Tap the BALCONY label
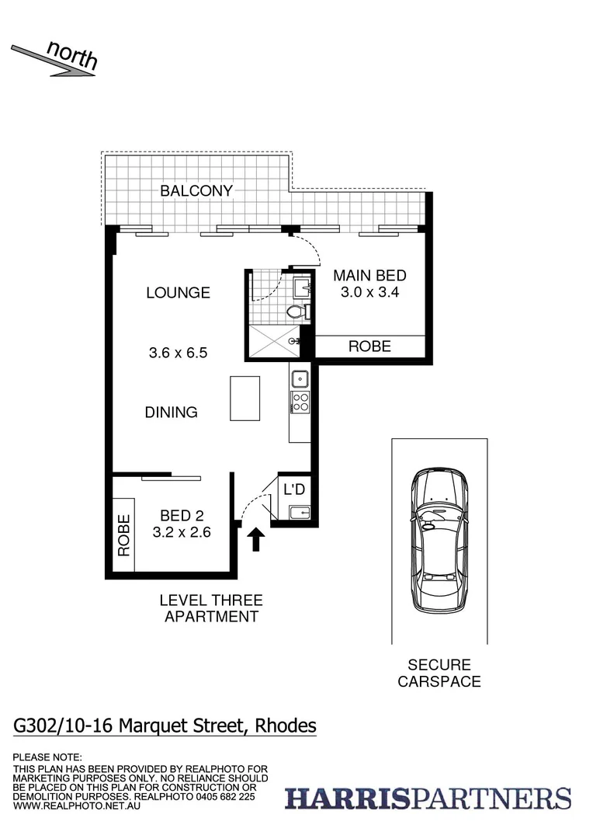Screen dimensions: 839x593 [x=196, y=190]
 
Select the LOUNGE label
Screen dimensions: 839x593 [x=179, y=293]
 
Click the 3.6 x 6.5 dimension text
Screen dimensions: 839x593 [x=179, y=353]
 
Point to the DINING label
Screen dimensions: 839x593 [x=172, y=413]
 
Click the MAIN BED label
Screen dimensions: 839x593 [x=369, y=276]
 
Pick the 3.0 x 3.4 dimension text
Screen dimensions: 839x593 [x=369, y=293]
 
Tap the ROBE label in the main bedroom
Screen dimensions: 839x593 [x=369, y=346]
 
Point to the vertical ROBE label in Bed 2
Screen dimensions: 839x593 [x=123, y=536]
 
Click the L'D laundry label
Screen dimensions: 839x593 [x=294, y=490]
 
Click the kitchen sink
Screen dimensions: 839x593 [x=300, y=380]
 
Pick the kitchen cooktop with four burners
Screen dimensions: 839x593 [x=300, y=402]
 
